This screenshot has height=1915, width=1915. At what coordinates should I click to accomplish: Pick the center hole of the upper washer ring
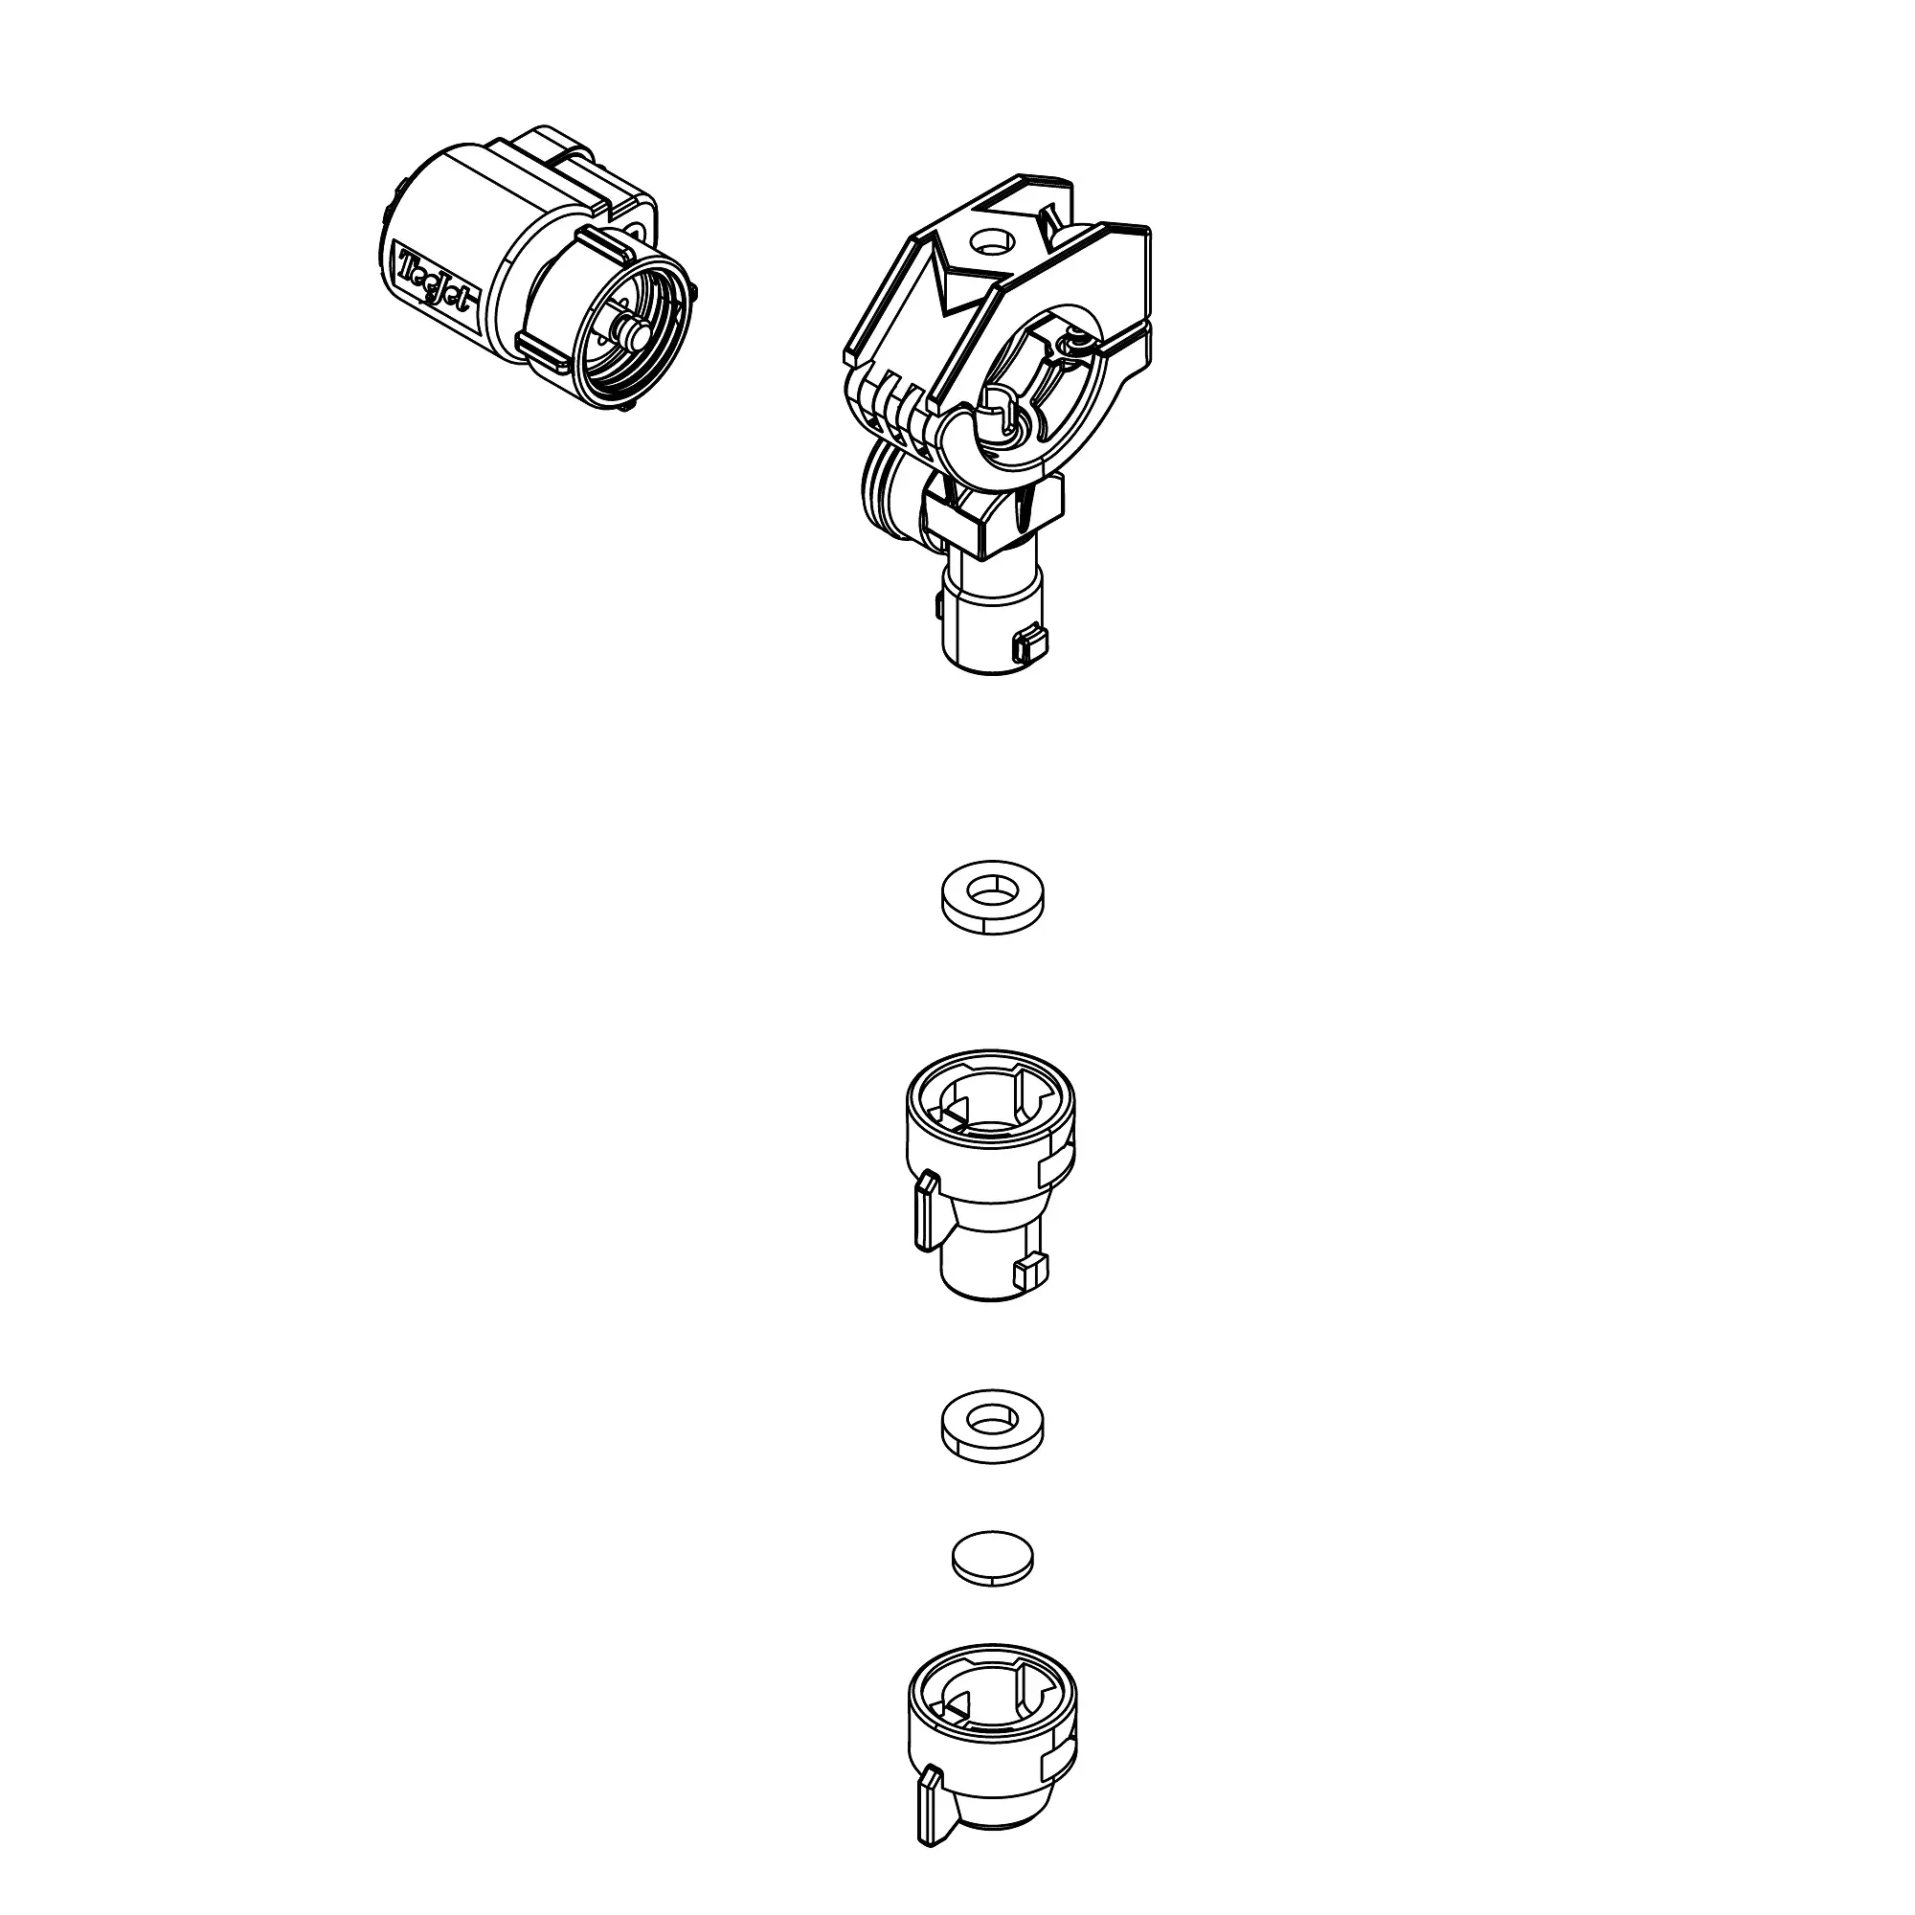point(991,890)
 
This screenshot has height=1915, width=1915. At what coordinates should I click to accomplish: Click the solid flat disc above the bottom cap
point(992,1559)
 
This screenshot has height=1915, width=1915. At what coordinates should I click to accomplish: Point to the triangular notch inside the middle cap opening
point(954,1117)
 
